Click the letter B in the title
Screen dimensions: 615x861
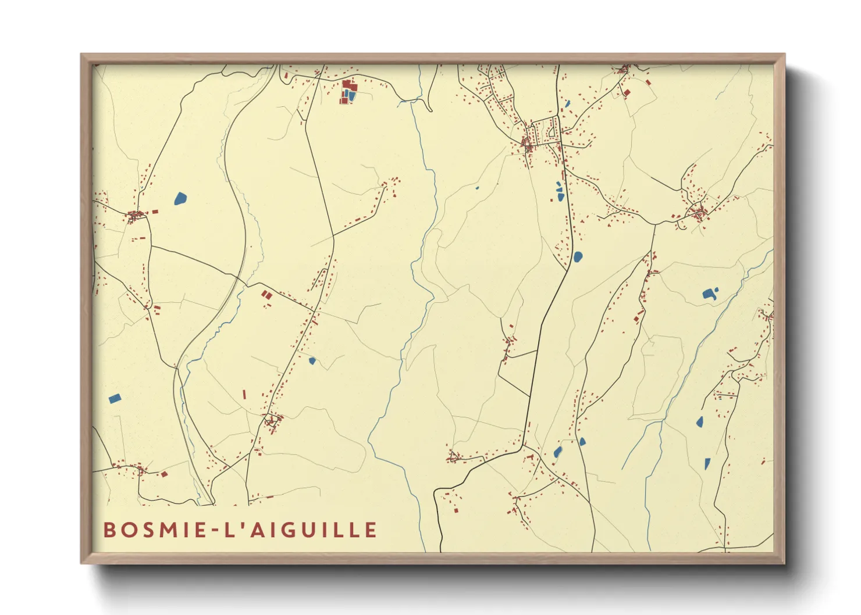109,530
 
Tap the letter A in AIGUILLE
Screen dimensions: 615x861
256,530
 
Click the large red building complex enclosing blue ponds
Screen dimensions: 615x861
348,92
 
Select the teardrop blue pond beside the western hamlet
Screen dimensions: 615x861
180,199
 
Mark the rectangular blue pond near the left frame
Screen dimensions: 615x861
115,399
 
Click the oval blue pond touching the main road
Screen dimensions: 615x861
578,256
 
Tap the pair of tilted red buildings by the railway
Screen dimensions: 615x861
266,295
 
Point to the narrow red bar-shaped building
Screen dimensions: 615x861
244,395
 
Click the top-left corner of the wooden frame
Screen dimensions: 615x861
81,55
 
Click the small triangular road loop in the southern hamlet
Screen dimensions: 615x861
271,420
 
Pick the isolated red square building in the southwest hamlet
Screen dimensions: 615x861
164,474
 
